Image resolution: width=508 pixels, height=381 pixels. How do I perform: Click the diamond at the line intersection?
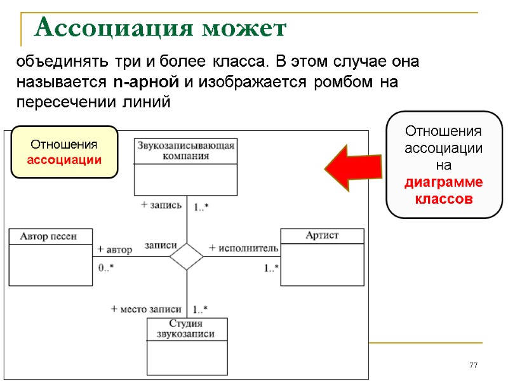click(187, 256)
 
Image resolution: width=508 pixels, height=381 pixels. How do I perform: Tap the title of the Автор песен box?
click(49, 236)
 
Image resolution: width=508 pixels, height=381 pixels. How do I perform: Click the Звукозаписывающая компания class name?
click(185, 150)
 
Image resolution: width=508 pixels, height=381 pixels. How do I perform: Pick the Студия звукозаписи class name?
click(187, 328)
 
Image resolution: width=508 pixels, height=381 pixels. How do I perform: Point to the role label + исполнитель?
click(244, 247)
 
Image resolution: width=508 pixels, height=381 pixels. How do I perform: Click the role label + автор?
click(115, 250)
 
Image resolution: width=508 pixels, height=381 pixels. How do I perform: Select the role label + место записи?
click(146, 309)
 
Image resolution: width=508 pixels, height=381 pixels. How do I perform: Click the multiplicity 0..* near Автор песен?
click(106, 267)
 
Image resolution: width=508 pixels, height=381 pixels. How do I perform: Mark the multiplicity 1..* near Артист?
click(271, 268)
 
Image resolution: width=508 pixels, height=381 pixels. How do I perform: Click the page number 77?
click(472, 365)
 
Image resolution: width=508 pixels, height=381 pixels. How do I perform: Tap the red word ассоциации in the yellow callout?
click(64, 160)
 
